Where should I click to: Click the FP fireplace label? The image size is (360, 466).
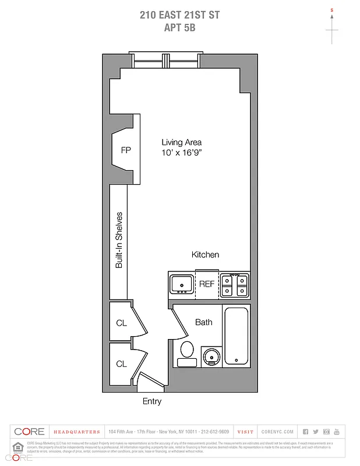(126, 150)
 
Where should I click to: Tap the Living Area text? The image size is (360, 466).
(182, 142)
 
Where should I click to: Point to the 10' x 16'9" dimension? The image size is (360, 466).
(182, 153)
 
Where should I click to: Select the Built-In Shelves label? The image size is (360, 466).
(119, 240)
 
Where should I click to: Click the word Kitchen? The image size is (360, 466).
(206, 255)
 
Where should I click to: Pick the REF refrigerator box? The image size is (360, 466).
(207, 284)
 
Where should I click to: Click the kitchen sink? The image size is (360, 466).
(182, 284)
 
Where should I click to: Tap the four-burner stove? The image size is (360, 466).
(235, 285)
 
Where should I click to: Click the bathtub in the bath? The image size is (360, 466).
(236, 337)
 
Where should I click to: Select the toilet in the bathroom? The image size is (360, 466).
(187, 352)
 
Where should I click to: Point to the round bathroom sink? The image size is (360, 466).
(210, 355)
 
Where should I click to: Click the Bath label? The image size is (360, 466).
(204, 322)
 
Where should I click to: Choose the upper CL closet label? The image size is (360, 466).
(121, 323)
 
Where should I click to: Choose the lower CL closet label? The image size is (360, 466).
(121, 364)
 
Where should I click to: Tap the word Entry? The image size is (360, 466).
(152, 401)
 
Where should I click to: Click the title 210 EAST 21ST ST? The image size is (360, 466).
(180, 15)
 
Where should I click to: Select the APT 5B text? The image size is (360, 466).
(180, 27)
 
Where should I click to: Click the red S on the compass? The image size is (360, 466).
(332, 10)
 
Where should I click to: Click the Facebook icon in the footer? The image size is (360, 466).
(305, 432)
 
